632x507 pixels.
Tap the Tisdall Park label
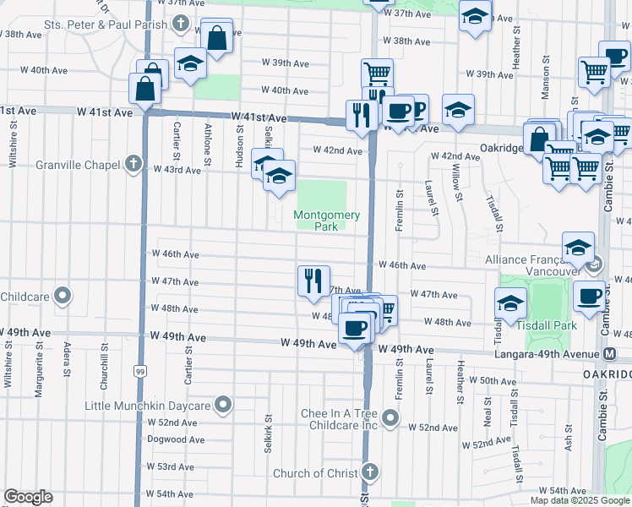[553, 325]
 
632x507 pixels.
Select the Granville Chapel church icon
[132, 163]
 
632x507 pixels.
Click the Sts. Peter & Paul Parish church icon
[181, 25]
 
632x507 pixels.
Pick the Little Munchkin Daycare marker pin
[223, 406]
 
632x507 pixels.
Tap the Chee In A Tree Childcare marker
[390, 417]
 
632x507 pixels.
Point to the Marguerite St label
[39, 371]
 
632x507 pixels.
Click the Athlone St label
[208, 141]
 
